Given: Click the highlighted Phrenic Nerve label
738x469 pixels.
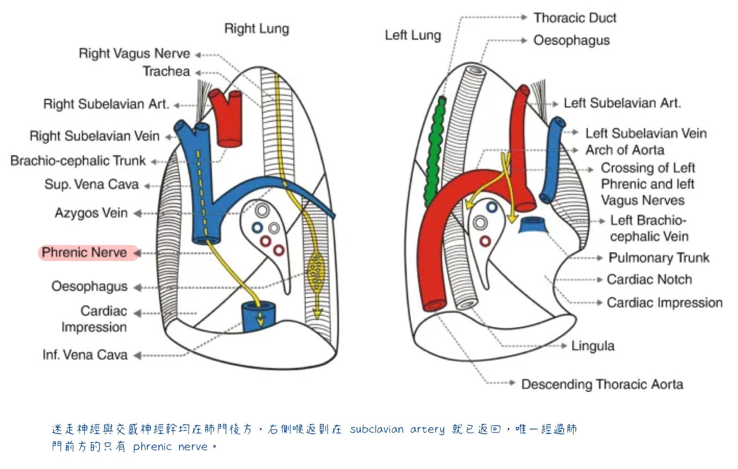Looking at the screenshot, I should coord(84,253).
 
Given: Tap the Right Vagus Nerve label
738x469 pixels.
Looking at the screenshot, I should coord(134,54).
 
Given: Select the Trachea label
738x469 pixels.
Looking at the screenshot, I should coord(166,71).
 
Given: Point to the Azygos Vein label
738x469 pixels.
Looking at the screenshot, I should coord(91,213).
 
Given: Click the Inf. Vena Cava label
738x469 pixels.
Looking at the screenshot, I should coord(85,355).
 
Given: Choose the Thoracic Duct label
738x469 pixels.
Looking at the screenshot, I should coord(575,18).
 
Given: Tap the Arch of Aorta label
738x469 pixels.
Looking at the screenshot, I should coord(625,150).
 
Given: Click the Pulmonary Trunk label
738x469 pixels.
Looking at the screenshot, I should coord(659,258).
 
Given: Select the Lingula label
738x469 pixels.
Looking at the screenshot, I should coord(593,346).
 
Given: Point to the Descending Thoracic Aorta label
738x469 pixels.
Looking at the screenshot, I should coord(602,384).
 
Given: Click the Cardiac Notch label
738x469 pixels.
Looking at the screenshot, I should coord(649,280).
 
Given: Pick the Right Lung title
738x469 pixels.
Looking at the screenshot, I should coord(256,29).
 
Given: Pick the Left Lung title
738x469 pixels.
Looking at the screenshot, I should coord(413,35).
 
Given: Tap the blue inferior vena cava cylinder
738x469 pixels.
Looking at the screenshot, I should coord(259,317).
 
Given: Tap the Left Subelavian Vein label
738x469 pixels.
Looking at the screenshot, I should coord(646,133).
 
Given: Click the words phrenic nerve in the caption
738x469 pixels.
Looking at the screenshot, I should coord(170,447).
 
